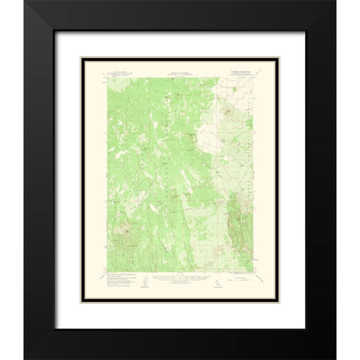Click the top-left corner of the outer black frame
(x=24, y=1)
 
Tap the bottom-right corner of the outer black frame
(x=335, y=358)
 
